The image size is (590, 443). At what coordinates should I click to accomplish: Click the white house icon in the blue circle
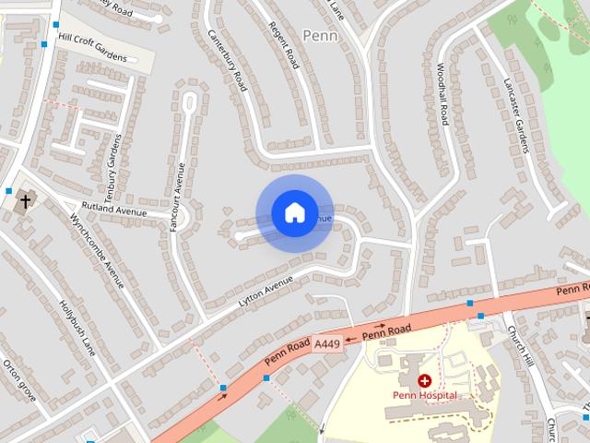(x=294, y=213)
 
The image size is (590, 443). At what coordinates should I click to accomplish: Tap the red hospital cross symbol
(x=425, y=380)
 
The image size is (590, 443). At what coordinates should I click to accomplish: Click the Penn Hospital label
(x=425, y=395)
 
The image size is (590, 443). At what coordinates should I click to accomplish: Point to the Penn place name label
(x=320, y=36)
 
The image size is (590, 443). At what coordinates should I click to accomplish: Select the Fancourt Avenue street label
(x=177, y=196)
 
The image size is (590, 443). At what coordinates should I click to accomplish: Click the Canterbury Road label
(x=228, y=61)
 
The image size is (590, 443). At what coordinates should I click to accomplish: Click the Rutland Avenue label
(x=114, y=211)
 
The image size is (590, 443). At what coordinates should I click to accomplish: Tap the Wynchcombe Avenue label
(x=97, y=250)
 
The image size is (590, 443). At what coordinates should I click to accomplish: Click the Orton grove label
(x=18, y=380)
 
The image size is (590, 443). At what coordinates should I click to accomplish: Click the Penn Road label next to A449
(x=386, y=331)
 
